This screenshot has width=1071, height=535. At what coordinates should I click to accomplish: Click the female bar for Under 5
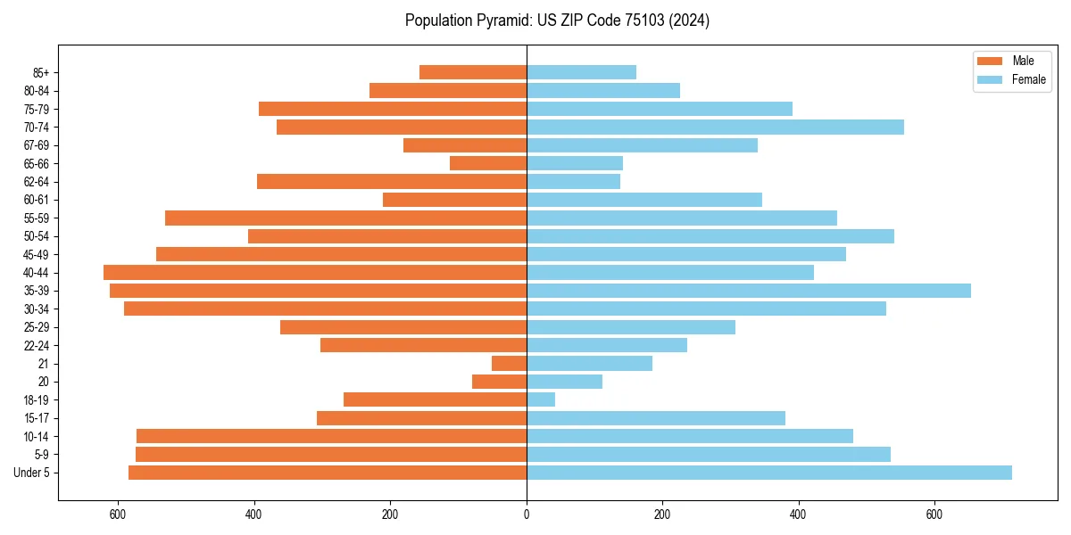coord(769,473)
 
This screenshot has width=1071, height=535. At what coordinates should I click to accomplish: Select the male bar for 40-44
coord(315,273)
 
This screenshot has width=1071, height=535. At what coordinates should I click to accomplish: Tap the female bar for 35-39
coord(749,291)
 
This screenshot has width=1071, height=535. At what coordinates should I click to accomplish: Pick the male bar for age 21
coord(510,364)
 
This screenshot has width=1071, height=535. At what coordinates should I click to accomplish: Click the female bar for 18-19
coord(541,399)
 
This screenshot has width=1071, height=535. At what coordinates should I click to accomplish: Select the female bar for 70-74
coord(715,128)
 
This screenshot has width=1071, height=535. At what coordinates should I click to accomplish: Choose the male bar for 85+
coord(473,72)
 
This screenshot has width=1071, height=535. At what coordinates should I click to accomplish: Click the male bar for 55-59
coord(346,218)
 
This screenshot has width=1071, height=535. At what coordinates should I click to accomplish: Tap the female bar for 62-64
coord(573,182)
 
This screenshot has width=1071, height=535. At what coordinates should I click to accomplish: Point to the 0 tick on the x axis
coord(527,514)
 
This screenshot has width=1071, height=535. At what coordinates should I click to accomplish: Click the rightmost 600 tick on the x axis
coord(934,514)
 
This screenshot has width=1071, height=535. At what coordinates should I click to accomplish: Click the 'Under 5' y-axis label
coord(32,473)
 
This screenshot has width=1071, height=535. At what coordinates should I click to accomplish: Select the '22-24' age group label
coord(37,346)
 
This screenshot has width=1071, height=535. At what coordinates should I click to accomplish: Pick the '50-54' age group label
coord(37,236)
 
